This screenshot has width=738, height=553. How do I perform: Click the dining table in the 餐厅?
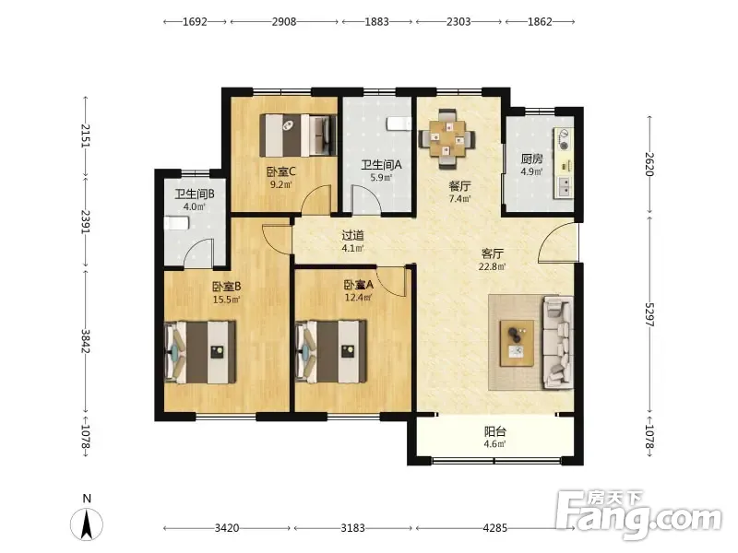tap(446, 139)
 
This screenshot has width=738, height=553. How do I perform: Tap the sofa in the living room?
tap(559, 342)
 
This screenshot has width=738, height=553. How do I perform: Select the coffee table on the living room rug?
tap(517, 343)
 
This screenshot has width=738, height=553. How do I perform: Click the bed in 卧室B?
tap(200, 352)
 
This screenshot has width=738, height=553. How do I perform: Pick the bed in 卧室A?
tap(331, 352)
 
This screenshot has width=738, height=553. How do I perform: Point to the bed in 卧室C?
tap(298, 135)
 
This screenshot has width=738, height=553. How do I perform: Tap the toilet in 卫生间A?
tap(399, 124)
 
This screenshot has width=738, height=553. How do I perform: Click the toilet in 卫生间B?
tap(176, 223)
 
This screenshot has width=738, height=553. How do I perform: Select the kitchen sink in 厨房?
tap(564, 186)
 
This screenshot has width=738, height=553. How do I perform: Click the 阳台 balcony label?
tap(495, 431)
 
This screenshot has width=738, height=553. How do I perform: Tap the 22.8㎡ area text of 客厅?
tap(493, 266)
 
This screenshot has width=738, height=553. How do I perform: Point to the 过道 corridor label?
tap(353, 235)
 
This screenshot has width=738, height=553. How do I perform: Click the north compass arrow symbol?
tap(87, 524)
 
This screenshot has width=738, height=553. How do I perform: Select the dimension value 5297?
tap(649, 313)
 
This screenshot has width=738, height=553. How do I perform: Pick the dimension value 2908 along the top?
tap(284, 21)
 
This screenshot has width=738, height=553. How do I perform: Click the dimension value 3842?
tap(86, 341)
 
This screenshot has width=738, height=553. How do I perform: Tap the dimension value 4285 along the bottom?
tap(495, 528)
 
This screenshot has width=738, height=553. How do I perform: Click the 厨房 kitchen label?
tap(532, 159)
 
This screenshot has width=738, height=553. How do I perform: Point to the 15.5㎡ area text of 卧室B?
tap(227, 300)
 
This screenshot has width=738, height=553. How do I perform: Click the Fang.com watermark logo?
tap(638, 515)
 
